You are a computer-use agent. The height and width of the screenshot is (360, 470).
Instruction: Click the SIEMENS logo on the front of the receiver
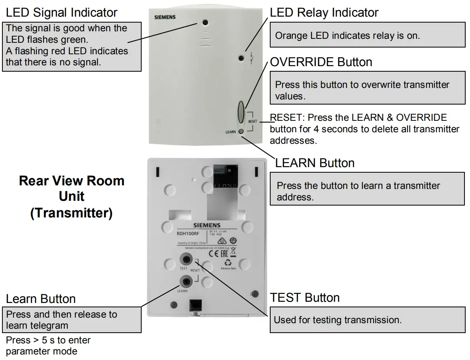tap(165, 17)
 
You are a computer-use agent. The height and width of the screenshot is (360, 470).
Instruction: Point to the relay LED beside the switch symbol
tap(241, 59)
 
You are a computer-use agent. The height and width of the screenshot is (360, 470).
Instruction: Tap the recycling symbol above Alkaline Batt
tap(228, 262)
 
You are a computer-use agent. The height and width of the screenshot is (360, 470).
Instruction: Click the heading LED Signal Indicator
tap(62, 13)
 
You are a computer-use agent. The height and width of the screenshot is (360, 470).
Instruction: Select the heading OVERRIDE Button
tap(321, 62)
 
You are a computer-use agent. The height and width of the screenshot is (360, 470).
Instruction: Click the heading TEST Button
tap(305, 297)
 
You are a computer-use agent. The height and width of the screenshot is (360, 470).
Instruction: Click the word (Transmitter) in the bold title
tap(72, 213)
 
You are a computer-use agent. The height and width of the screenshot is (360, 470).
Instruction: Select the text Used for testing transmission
tap(337, 320)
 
